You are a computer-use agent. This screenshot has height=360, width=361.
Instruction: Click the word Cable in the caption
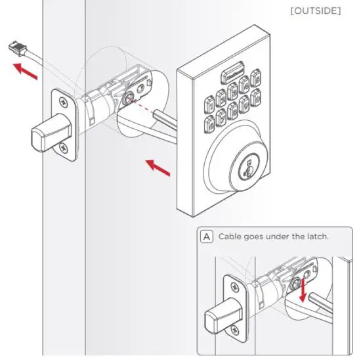(x=232, y=236)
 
